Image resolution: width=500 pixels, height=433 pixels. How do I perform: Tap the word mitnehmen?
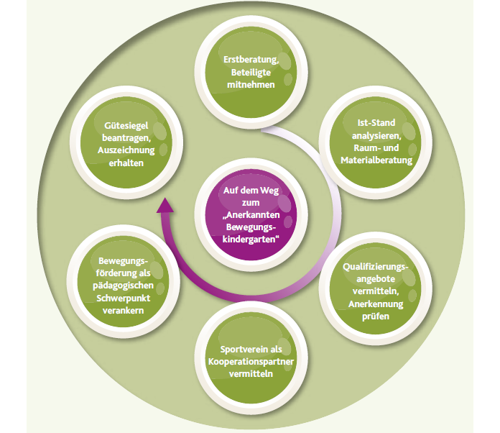[x=251, y=84]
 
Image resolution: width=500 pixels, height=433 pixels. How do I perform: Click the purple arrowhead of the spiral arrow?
[x=165, y=206]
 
